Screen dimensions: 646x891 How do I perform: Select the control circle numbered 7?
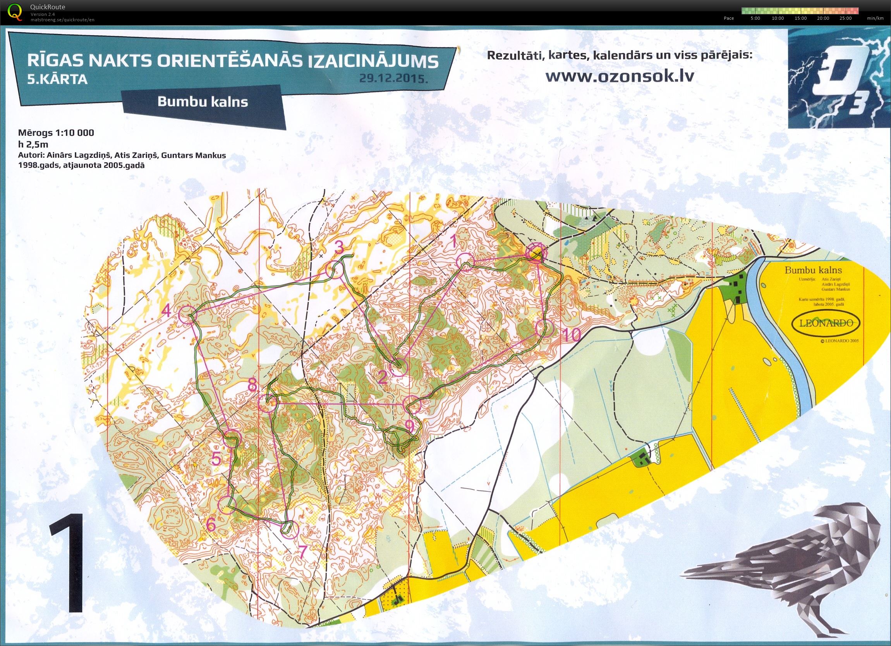click(290, 530)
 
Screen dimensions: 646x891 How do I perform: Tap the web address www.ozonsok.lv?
click(620, 77)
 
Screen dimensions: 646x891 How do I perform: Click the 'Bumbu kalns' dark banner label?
click(203, 102)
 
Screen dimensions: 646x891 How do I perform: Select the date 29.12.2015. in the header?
click(393, 79)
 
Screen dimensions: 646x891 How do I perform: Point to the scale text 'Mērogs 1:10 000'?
click(56, 133)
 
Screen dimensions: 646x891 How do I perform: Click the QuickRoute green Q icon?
click(15, 11)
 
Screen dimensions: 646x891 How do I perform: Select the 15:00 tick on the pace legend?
click(800, 18)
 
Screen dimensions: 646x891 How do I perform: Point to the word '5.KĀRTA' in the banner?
click(57, 80)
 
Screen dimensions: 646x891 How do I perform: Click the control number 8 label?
click(252, 385)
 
